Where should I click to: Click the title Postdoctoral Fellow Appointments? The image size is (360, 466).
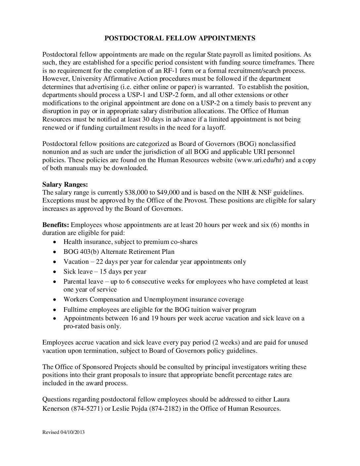click(x=180, y=38)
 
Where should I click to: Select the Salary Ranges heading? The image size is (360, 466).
click(x=65, y=184)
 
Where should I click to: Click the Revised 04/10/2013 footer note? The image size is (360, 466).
click(x=63, y=432)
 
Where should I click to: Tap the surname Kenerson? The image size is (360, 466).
click(x=56, y=408)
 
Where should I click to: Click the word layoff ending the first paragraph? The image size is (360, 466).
click(x=215, y=128)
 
